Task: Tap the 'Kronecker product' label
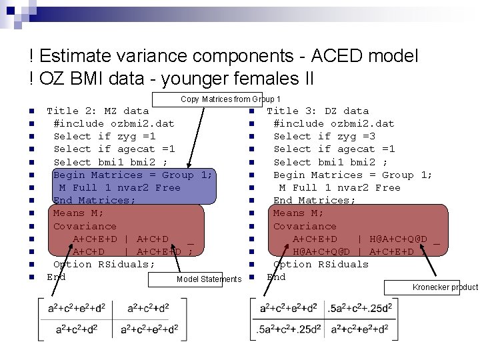(x=445, y=287)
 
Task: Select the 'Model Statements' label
(x=209, y=279)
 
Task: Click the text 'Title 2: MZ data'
(x=97, y=111)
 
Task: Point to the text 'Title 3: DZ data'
(x=317, y=111)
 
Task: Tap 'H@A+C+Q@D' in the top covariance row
(x=398, y=239)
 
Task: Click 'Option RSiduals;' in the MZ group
(x=104, y=264)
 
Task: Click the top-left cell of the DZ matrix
(x=288, y=308)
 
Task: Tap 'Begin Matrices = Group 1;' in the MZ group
(x=133, y=175)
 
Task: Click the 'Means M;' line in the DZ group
(x=298, y=213)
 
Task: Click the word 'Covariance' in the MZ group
(x=85, y=226)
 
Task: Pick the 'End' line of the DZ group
(x=276, y=277)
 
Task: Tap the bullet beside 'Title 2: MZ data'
(x=31, y=111)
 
